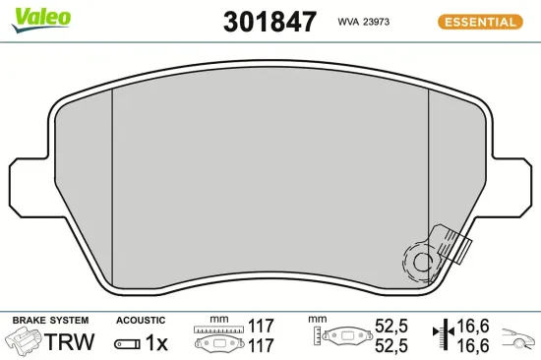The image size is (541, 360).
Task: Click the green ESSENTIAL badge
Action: coord(479,22)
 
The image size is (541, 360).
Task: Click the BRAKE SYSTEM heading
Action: coord(49,321)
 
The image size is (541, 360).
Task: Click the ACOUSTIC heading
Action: coord(141,321)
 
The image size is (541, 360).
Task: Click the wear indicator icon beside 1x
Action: coord(128,343)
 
